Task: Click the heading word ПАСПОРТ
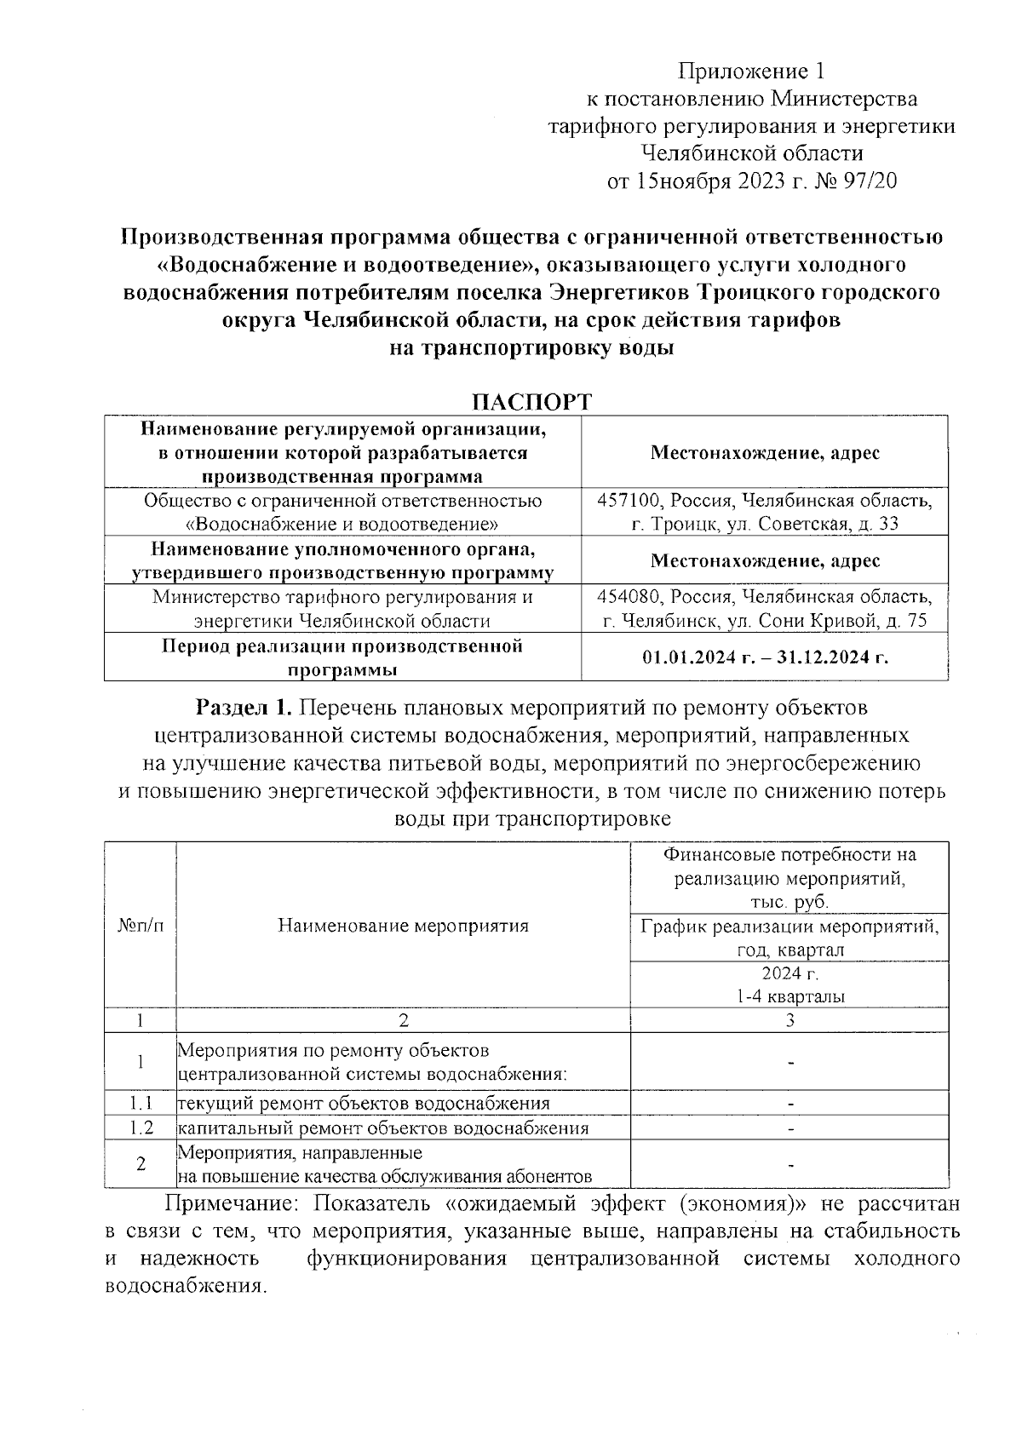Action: (x=532, y=402)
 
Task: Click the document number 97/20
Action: (x=868, y=181)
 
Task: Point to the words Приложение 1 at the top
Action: (x=751, y=72)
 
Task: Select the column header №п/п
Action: (x=140, y=926)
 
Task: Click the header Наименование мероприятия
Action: (x=403, y=926)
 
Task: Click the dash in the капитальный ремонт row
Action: (x=791, y=1129)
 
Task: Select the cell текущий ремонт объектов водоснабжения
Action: (x=363, y=1104)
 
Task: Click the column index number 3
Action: (x=790, y=1020)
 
